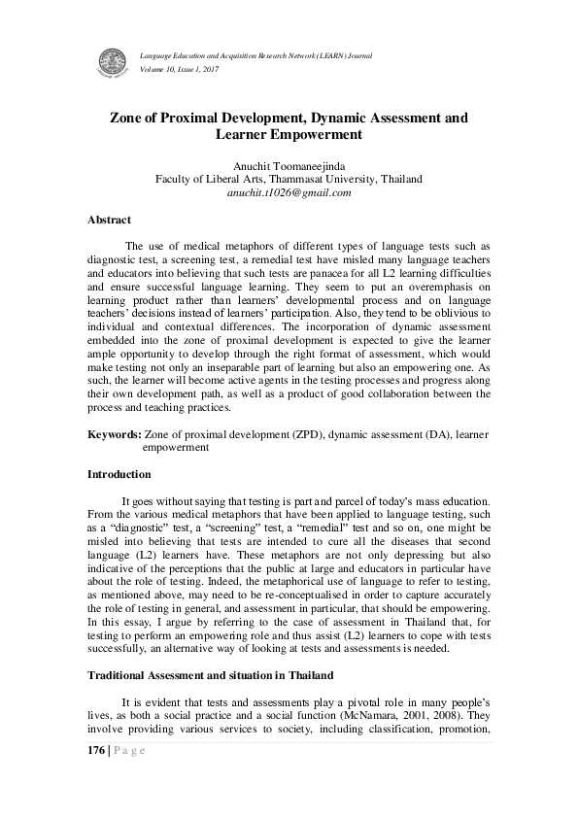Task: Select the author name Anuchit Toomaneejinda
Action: pos(289,164)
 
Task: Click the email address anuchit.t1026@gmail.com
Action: pos(289,192)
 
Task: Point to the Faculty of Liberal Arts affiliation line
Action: pos(289,179)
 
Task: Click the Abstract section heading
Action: pos(109,221)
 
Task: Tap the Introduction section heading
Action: pos(119,474)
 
